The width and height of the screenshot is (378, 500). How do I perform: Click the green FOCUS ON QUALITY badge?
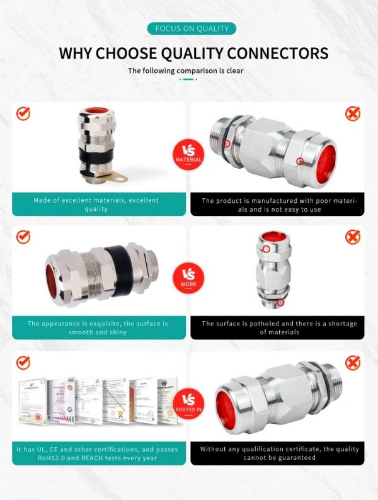(192, 28)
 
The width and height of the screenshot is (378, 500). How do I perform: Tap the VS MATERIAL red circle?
(188, 152)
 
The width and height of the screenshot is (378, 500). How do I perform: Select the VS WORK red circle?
(188, 276)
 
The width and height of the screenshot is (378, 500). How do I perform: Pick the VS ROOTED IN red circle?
(188, 401)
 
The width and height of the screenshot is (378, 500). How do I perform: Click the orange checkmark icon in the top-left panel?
(23, 113)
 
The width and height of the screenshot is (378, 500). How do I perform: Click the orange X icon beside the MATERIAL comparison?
(353, 113)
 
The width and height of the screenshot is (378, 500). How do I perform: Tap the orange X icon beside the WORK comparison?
(353, 237)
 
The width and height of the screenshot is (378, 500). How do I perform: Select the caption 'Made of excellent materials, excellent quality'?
(96, 205)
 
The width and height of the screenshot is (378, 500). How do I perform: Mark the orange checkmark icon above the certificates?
(23, 363)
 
